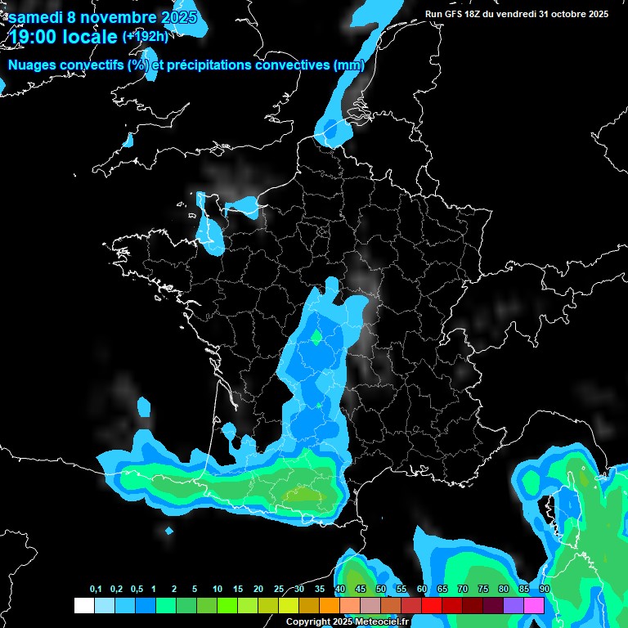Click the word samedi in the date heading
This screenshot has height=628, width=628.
point(35,17)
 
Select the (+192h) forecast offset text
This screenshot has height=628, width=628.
point(146,37)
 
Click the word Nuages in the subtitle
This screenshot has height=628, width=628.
point(32,65)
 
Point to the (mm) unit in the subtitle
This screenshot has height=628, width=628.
point(349,65)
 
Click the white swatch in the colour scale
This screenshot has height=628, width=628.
point(83,605)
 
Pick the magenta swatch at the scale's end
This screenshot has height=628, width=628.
point(534,605)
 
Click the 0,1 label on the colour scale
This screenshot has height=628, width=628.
point(96,589)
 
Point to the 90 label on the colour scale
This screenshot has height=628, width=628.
point(545,589)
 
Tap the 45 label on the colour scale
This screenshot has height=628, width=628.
point(361,589)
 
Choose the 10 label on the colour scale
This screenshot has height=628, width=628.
point(218,589)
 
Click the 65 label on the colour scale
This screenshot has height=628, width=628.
point(442,589)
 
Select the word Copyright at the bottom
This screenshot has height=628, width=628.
point(307,622)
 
